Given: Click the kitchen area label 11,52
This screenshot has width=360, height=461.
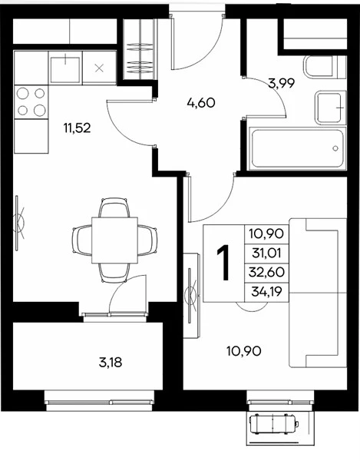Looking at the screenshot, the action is coord(77,128).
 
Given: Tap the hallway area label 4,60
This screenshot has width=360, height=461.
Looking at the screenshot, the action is coord(201,103).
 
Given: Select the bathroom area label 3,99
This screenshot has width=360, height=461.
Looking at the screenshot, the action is coord(281,84).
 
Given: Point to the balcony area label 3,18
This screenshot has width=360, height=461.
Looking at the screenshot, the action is coord(111,363).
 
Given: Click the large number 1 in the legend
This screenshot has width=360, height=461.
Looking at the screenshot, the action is coord(223,263).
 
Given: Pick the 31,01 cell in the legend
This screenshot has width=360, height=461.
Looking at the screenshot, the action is coord(266,253).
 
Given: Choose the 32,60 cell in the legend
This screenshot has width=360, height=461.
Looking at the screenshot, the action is coord(266,272).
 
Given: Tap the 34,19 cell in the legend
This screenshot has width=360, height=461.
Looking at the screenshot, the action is coord(266,292).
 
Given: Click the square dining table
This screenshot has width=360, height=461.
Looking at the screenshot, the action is coord(115,240).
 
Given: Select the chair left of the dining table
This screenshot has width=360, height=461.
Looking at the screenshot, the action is coord(82,240).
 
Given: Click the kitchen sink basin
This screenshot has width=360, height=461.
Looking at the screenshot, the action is coord(65,69).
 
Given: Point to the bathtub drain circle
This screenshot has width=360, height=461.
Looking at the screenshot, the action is coord(335,148).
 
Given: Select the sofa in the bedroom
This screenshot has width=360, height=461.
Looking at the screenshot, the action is coord(318,293).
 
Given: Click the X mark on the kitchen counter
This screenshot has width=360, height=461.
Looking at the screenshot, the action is coord(99,69).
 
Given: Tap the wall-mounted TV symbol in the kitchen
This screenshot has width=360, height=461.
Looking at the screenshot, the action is coord(19,223).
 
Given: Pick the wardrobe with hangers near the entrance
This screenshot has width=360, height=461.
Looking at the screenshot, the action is coord(140,49).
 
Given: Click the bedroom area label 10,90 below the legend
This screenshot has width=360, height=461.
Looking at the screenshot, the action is coord(244,351).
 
